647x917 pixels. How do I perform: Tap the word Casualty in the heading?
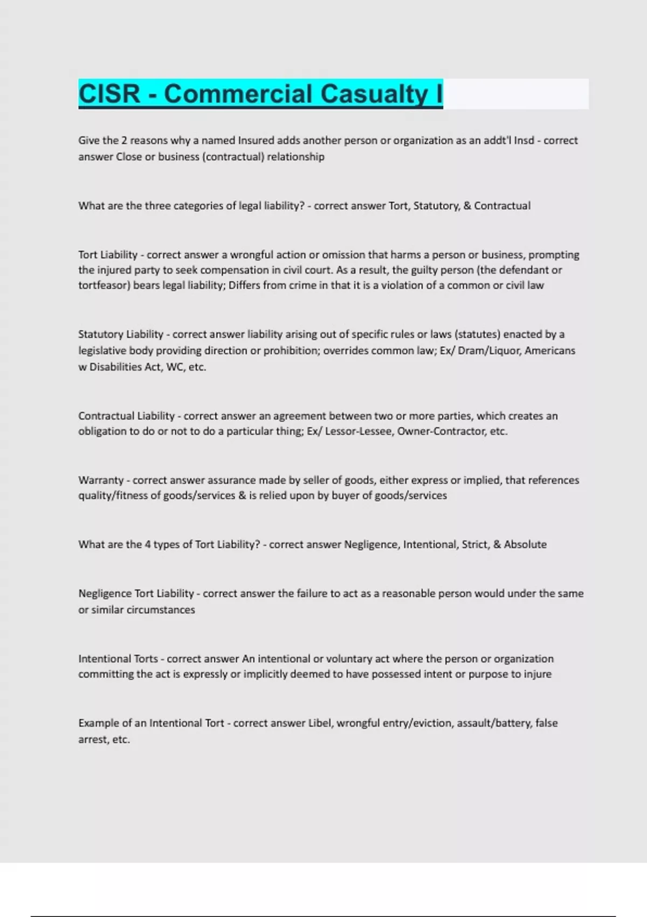pos(375,94)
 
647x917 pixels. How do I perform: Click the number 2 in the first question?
pos(124,141)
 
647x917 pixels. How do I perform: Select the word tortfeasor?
pos(104,285)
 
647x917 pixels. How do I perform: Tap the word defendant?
pos(518,270)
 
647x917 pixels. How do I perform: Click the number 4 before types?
pos(147,545)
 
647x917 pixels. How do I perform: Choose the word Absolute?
pos(525,545)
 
